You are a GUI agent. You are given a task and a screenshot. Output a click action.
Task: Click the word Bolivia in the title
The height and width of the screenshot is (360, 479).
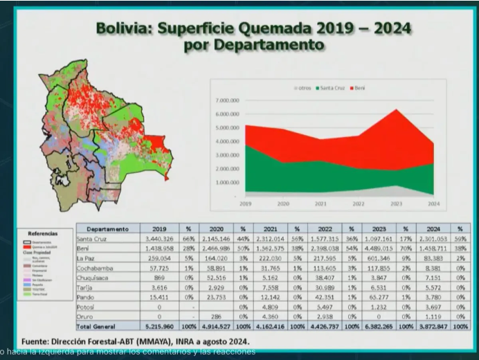124,28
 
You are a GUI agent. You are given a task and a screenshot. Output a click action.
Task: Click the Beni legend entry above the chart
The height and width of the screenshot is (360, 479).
359,89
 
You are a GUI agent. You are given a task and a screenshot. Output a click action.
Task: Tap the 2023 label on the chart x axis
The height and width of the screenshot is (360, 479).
397,204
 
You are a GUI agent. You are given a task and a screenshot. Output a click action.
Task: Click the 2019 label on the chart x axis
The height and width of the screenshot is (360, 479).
246,204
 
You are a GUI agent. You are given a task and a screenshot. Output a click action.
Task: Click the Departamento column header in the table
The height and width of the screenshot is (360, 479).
107,228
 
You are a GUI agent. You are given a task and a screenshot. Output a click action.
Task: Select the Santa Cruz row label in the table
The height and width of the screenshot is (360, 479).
92,238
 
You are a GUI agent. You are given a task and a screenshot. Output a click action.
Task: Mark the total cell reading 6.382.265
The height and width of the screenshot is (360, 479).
379,325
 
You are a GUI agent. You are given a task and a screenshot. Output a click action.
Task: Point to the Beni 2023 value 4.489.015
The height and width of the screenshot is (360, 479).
379,248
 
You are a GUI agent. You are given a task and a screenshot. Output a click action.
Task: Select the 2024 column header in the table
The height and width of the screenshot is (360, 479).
433,228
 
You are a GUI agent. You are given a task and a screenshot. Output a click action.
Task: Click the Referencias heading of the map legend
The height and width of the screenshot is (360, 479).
43,234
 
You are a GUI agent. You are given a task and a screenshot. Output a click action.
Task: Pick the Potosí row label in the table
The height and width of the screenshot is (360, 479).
87,306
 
